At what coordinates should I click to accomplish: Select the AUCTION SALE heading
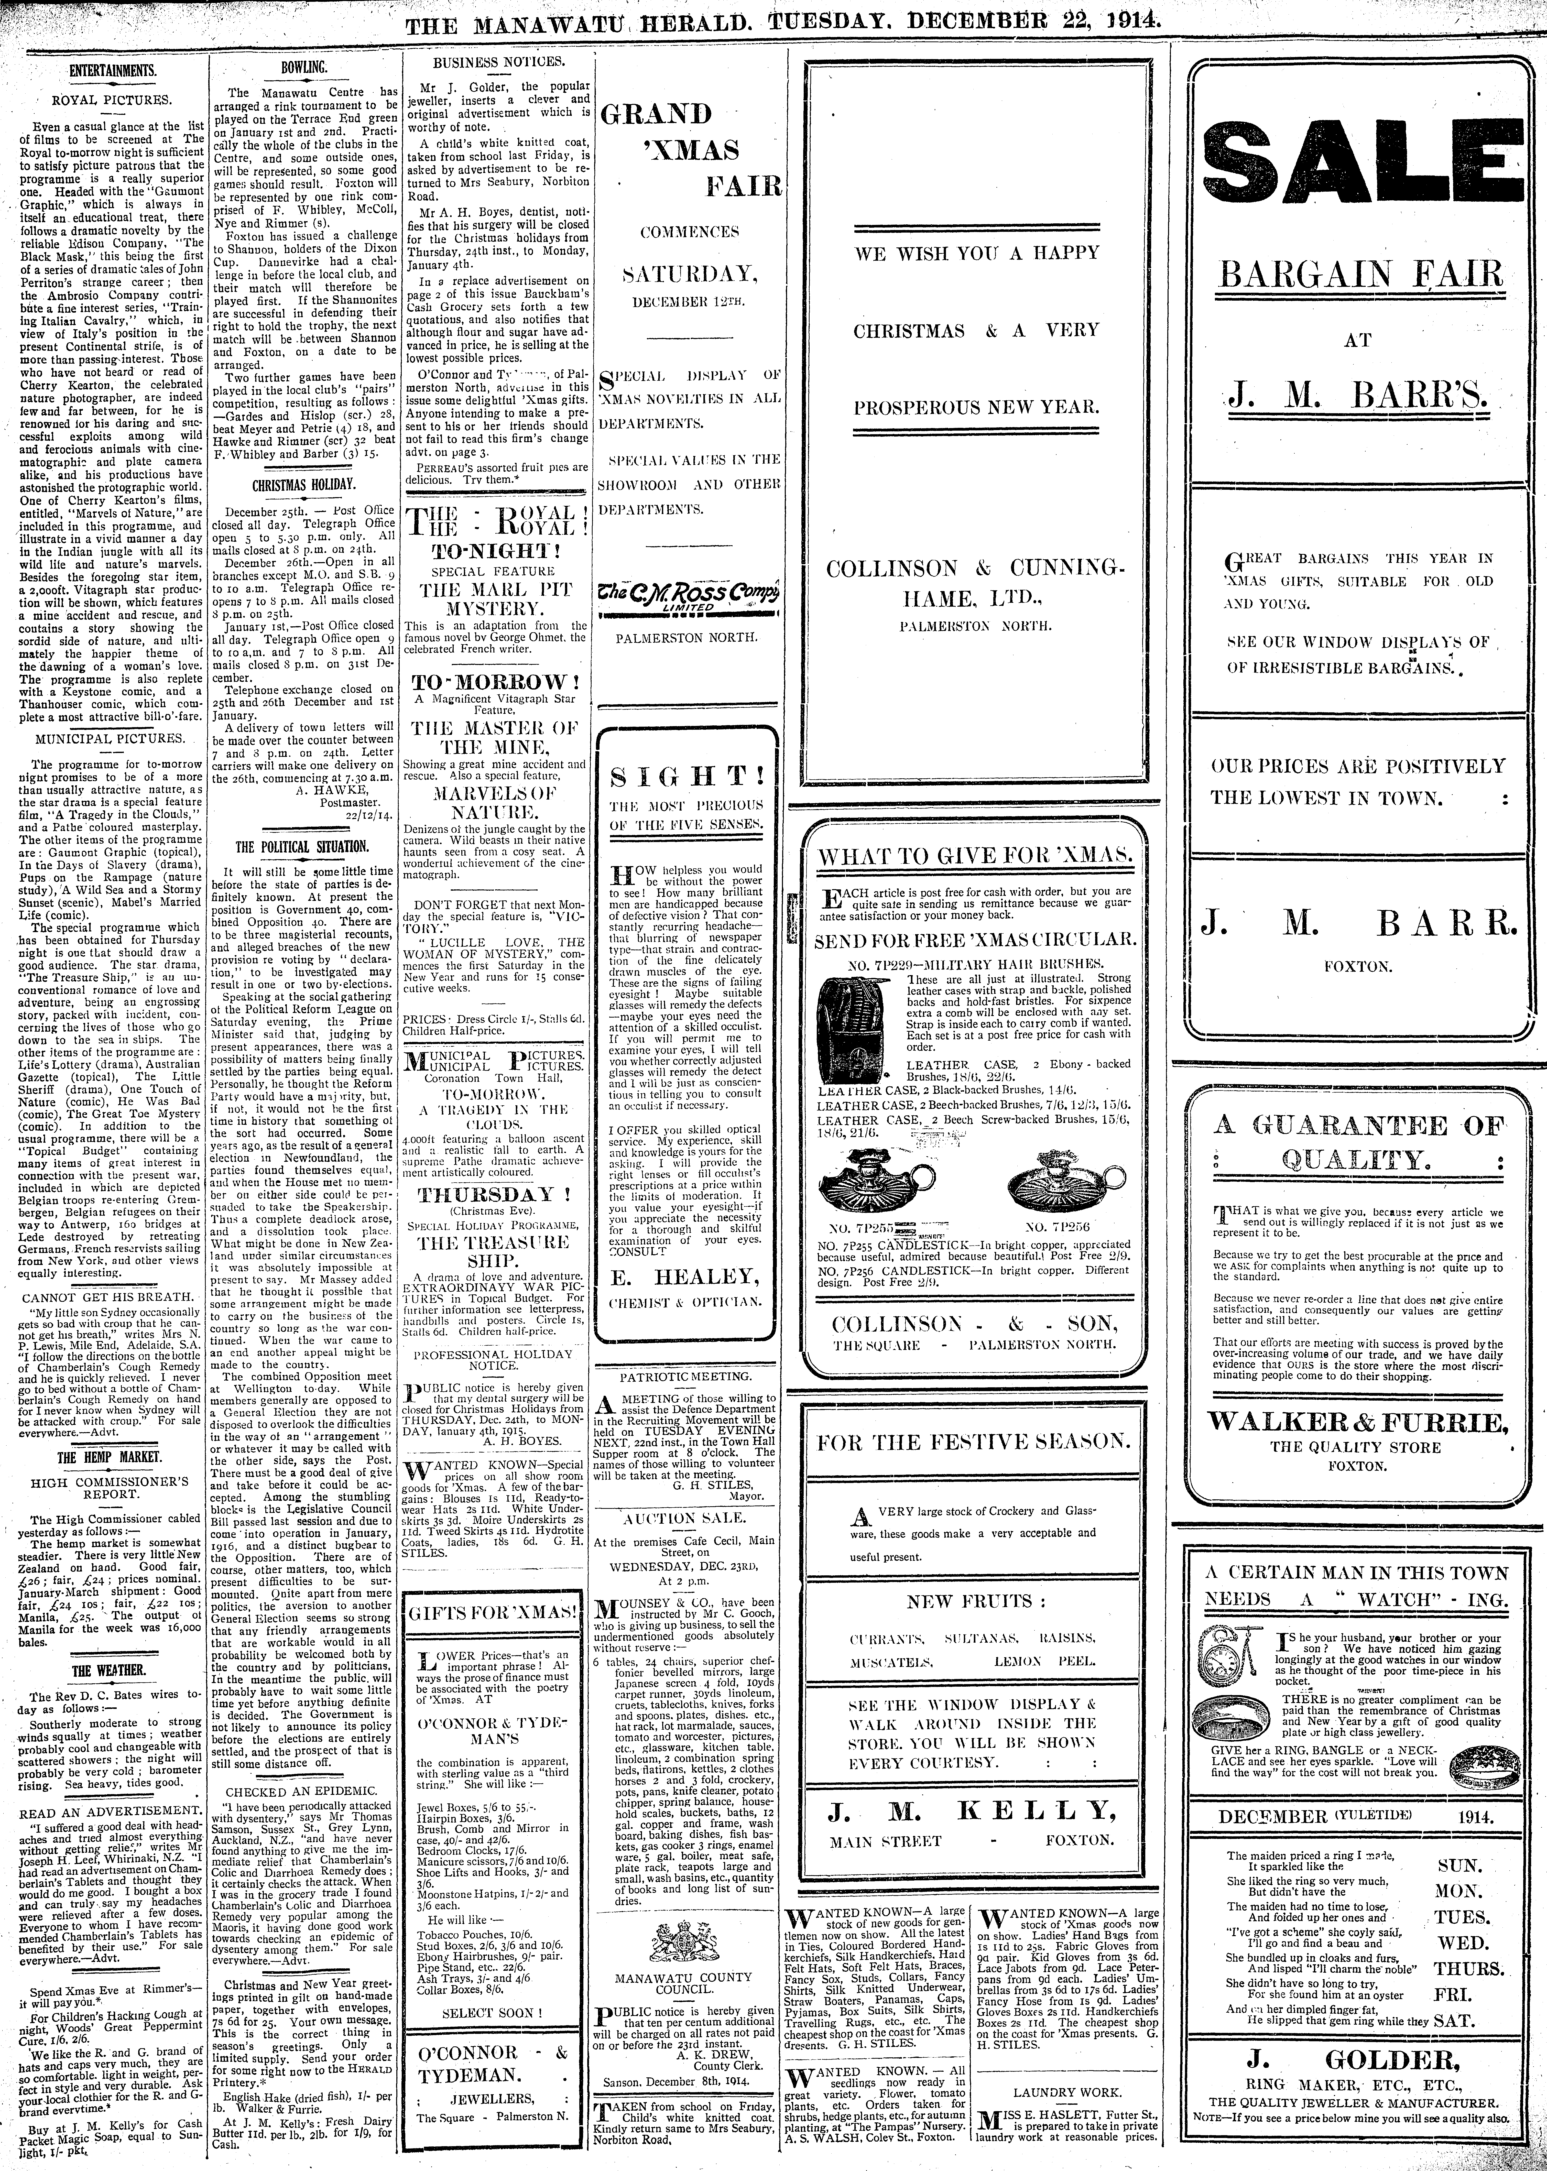(x=684, y=1517)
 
